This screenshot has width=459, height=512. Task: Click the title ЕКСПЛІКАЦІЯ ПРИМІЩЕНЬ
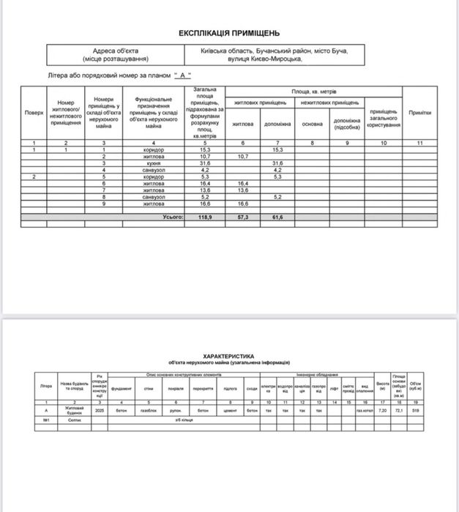point(229,34)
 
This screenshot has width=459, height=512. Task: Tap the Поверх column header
point(34,113)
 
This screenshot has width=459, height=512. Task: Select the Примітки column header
point(419,113)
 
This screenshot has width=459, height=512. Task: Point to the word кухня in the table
point(154,163)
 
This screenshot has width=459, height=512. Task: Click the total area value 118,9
point(205,218)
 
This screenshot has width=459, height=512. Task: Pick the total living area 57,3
point(243,218)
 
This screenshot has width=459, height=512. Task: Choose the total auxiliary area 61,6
point(277,218)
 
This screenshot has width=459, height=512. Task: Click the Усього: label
point(172,218)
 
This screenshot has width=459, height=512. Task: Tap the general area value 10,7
point(205,157)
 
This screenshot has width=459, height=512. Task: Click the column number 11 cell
point(419,143)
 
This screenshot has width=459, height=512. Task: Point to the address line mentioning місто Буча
point(275,51)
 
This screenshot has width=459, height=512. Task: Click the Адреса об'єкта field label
point(111,51)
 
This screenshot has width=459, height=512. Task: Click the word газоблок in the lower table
point(149,411)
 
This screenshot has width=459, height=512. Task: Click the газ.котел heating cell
point(365,411)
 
